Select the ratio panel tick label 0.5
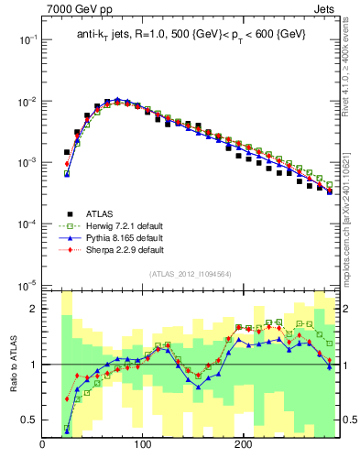[x=29, y=420]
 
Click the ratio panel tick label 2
[x=33, y=309]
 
